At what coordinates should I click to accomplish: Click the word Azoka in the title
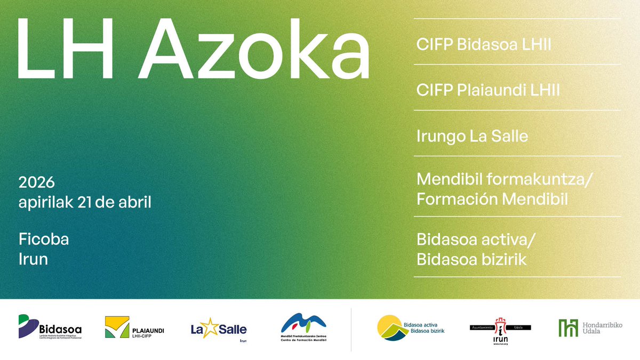pyautogui.click(x=257, y=49)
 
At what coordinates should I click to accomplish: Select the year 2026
pyautogui.click(x=37, y=183)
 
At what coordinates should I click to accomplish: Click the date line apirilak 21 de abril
pyautogui.click(x=85, y=203)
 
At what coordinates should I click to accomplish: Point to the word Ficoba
pyautogui.click(x=44, y=239)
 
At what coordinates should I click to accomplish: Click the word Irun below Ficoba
pyautogui.click(x=33, y=259)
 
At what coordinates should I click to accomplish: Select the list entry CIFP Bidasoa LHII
pyautogui.click(x=484, y=45)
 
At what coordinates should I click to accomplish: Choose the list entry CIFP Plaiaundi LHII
pyautogui.click(x=488, y=90)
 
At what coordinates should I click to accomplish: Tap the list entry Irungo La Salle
pyautogui.click(x=472, y=136)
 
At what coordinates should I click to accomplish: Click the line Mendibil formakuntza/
pyautogui.click(x=504, y=179)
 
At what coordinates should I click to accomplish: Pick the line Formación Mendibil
pyautogui.click(x=492, y=199)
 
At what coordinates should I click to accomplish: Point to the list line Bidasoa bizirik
pyautogui.click(x=471, y=260)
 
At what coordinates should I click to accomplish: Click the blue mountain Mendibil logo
pyautogui.click(x=303, y=323)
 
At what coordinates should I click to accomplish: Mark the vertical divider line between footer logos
pyautogui.click(x=351, y=329)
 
